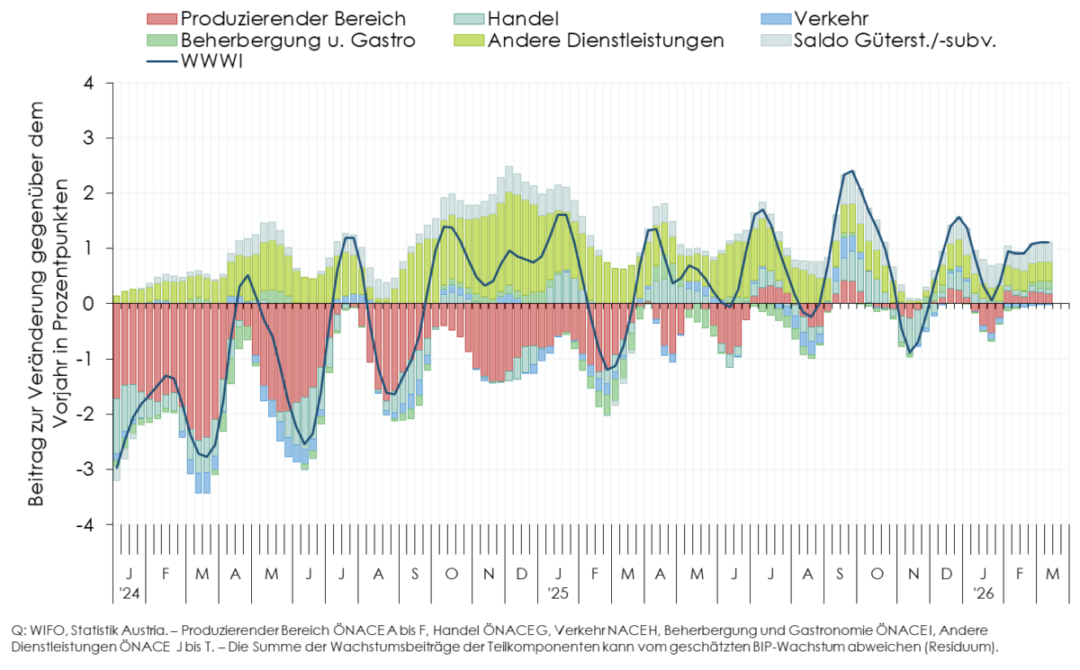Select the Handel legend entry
tap(522, 18)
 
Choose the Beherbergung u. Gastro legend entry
tap(297, 40)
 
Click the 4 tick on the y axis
tap(88, 83)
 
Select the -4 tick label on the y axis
tap(85, 524)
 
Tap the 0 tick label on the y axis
tap(88, 304)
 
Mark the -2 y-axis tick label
tap(85, 414)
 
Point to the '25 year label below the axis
tap(559, 594)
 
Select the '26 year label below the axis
tap(984, 594)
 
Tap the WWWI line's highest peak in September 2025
tap(851, 171)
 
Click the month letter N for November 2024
tap(488, 574)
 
